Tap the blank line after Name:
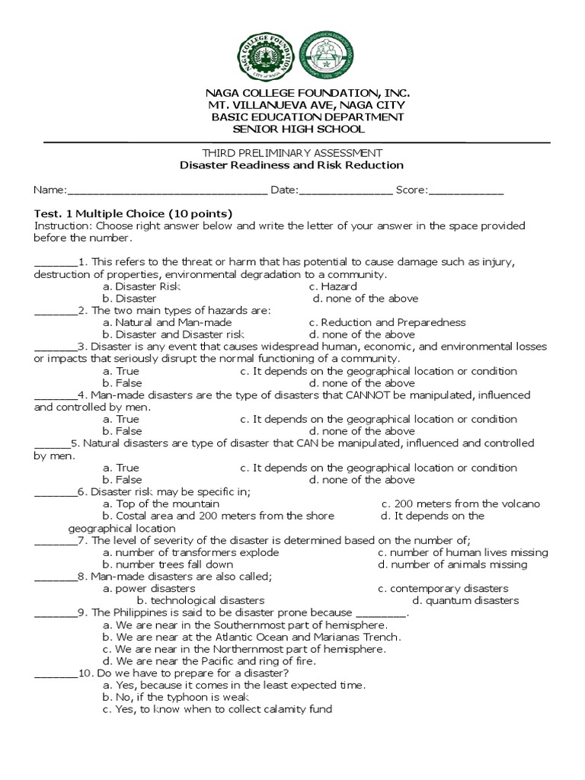coord(167,191)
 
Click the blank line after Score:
coord(466,191)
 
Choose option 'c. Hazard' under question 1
coord(333,286)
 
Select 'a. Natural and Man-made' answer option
coord(167,322)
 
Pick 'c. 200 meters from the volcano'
coord(461,503)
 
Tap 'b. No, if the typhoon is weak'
coord(176,697)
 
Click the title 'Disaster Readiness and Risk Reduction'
coord(292,165)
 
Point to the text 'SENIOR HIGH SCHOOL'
coord(292,129)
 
